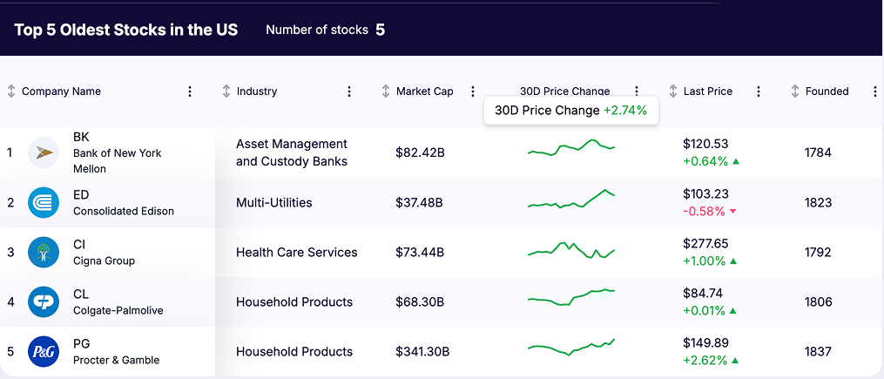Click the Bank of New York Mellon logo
(x=44, y=152)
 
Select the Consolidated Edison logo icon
(x=44, y=202)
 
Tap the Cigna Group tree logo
(x=44, y=252)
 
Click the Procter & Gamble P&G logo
(x=44, y=351)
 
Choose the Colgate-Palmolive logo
(x=44, y=301)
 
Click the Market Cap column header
(x=424, y=91)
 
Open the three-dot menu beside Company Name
(x=190, y=91)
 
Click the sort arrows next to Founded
(x=794, y=91)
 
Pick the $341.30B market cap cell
(x=422, y=352)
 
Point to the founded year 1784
(x=818, y=152)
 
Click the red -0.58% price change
(x=704, y=211)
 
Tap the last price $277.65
(x=705, y=244)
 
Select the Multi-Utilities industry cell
(x=273, y=203)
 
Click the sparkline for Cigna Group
(x=570, y=251)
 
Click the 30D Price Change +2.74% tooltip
(x=571, y=111)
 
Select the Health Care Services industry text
(x=296, y=253)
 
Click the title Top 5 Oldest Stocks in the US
(x=125, y=30)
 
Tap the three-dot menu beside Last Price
(x=759, y=91)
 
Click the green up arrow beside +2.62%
(x=736, y=361)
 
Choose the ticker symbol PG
(x=81, y=344)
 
